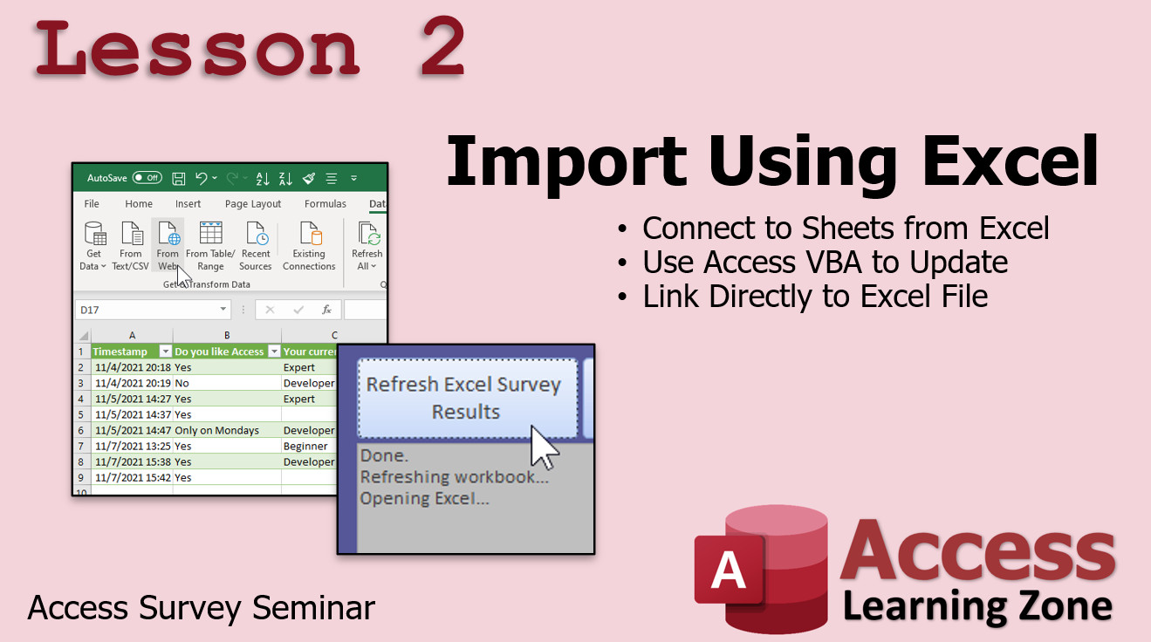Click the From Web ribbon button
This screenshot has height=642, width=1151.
click(168, 245)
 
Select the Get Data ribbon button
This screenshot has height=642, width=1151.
click(93, 245)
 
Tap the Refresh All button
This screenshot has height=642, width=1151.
click(367, 245)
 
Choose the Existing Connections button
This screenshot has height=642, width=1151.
click(309, 245)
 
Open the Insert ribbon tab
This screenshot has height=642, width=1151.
click(188, 204)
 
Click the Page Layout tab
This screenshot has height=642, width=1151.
click(253, 204)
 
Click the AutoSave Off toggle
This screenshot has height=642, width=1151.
click(147, 178)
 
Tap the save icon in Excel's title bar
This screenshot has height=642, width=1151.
click(178, 178)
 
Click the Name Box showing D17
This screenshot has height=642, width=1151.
click(153, 310)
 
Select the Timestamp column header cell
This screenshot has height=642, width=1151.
click(132, 352)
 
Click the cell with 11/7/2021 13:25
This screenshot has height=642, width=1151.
click(132, 446)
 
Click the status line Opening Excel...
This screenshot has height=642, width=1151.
click(424, 498)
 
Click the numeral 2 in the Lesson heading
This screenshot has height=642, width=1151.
click(443, 47)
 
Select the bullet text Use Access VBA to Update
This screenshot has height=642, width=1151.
click(825, 262)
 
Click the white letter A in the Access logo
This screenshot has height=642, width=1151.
click(728, 570)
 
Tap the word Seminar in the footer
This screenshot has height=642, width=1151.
click(313, 608)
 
